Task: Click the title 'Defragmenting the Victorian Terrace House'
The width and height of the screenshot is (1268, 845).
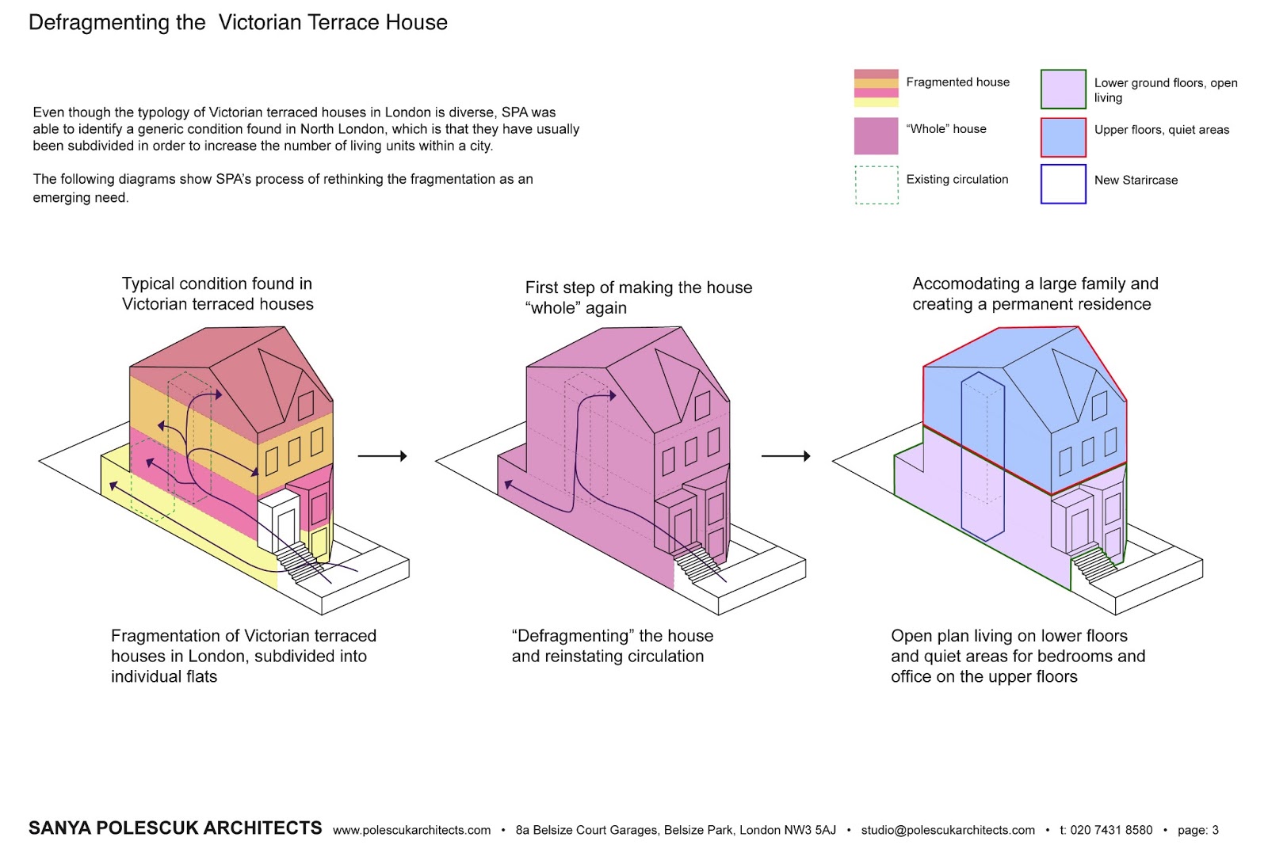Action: tap(238, 22)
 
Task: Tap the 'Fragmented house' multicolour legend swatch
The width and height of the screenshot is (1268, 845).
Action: tap(876, 88)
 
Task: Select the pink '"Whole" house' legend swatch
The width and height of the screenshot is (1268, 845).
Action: tap(876, 135)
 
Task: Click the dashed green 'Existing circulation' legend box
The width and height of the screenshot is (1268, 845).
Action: tap(877, 185)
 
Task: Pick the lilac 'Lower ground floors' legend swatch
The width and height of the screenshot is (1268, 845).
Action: tap(1063, 89)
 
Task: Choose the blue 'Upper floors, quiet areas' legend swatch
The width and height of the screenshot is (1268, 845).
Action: tap(1063, 137)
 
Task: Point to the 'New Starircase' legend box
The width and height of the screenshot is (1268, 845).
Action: tap(1063, 184)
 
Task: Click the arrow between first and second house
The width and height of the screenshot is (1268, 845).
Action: tap(382, 456)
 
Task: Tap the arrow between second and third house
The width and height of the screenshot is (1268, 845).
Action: tap(785, 456)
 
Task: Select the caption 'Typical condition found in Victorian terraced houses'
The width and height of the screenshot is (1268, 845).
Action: tap(217, 294)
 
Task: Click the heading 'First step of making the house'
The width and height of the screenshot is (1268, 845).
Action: tap(638, 287)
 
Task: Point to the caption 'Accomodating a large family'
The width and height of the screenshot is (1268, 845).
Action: tap(1034, 284)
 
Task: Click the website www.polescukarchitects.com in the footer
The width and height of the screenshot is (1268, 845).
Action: tap(411, 830)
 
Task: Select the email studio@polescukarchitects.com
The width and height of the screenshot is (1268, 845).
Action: tap(948, 830)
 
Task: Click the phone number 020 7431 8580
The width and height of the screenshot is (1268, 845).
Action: tap(1111, 830)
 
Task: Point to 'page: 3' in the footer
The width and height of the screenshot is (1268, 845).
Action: tap(1197, 830)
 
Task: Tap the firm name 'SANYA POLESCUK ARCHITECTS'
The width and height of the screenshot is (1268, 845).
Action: tap(175, 828)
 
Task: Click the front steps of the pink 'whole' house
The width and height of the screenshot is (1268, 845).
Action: tap(697, 563)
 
